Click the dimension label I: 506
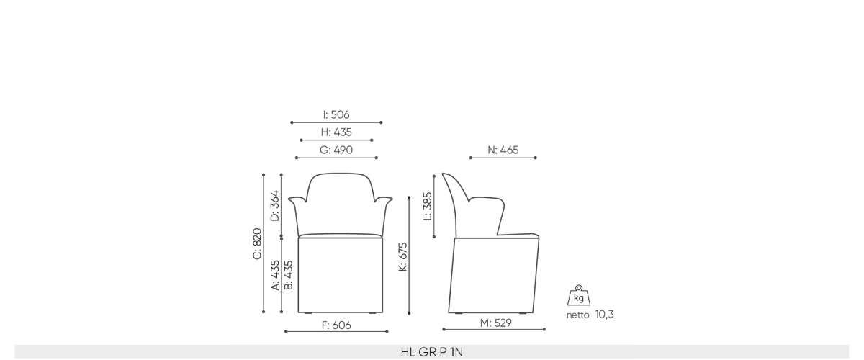coord(336,115)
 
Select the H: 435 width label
coord(336,132)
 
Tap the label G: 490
coord(336,150)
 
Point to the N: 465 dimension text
coord(503,150)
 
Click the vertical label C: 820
coord(257,244)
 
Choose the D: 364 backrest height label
coord(275,206)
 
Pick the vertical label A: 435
coord(275,275)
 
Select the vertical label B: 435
coord(289,275)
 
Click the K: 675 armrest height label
coord(402,257)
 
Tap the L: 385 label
coord(428,207)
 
